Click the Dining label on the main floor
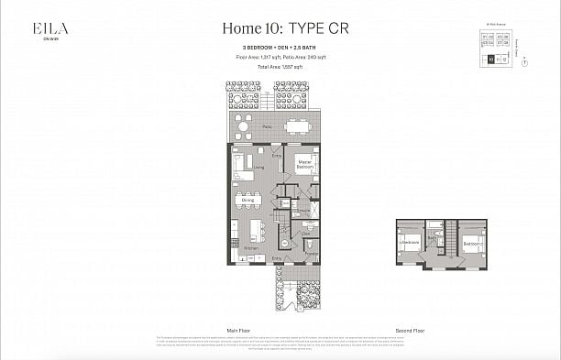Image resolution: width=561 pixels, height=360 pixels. pos(247,199)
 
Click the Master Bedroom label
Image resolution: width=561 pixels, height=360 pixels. pos(305,167)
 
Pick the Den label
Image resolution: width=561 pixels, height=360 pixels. pos(307,235)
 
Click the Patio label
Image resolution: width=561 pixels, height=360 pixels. pos(268,126)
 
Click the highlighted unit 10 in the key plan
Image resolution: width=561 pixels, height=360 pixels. pos(490,60)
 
